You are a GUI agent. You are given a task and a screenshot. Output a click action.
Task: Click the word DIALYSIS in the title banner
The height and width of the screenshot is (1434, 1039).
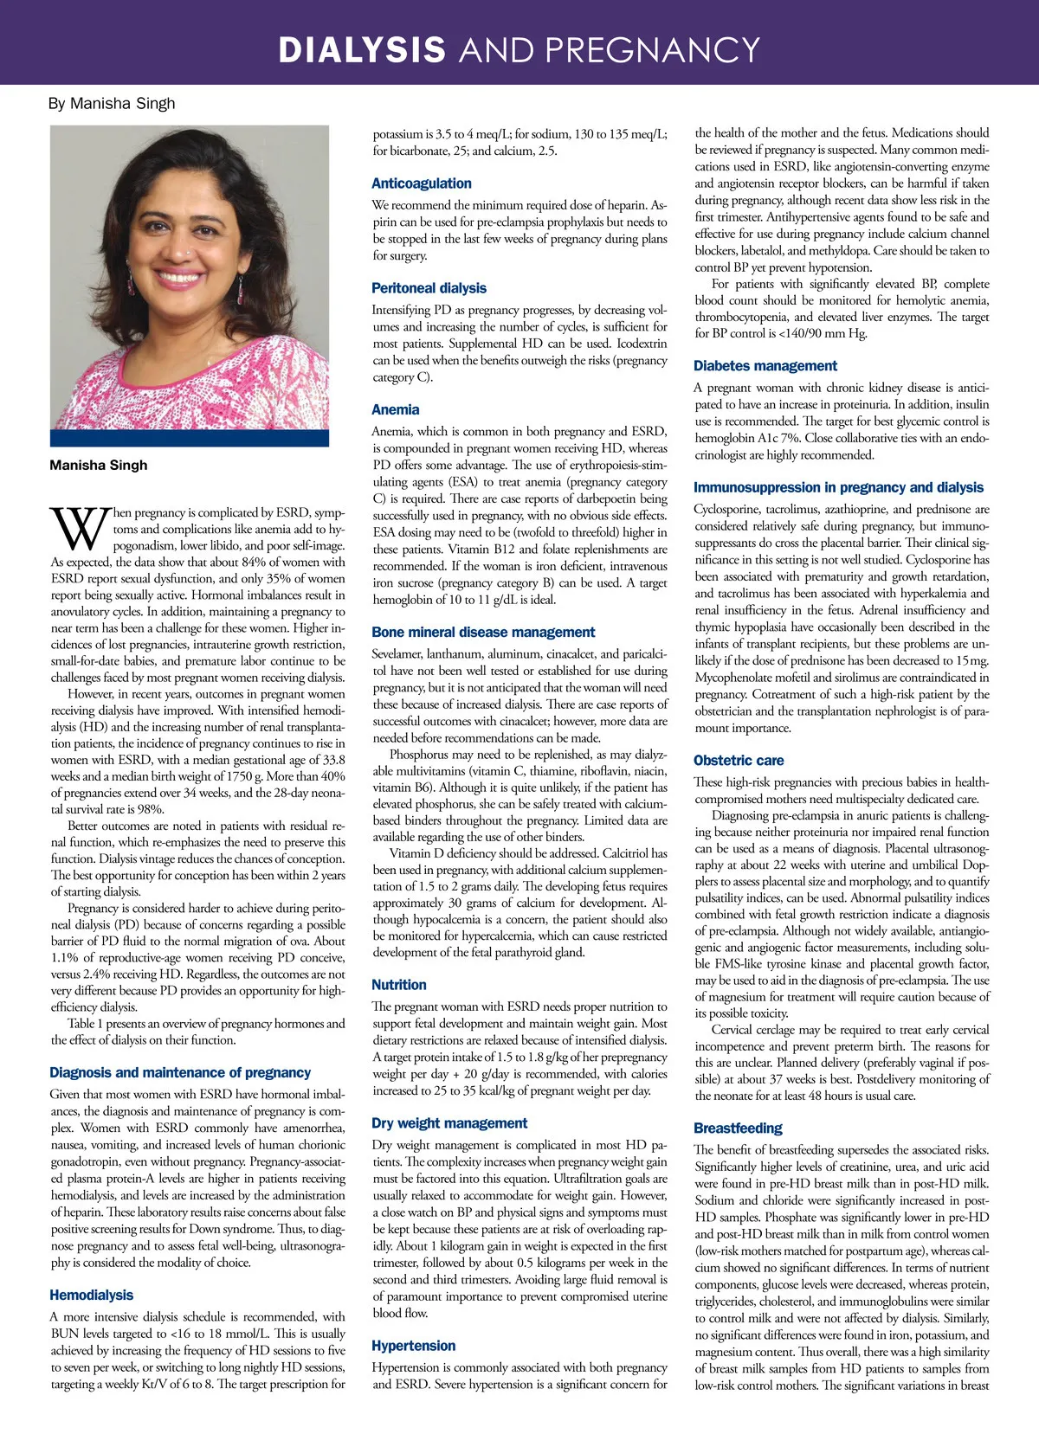[x=361, y=50]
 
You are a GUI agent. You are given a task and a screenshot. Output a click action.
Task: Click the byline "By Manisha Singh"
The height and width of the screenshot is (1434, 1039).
[x=112, y=104]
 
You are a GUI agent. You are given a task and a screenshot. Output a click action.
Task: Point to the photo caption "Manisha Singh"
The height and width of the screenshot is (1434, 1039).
[x=98, y=466]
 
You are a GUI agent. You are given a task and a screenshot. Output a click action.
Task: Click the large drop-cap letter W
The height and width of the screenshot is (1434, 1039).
[x=80, y=530]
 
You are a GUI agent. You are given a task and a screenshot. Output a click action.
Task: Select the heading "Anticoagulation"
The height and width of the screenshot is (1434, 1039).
[x=421, y=183]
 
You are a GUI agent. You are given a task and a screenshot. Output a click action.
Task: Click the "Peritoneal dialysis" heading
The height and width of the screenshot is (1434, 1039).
[x=429, y=288]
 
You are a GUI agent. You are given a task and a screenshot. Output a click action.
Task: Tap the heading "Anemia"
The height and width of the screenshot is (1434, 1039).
[x=395, y=410]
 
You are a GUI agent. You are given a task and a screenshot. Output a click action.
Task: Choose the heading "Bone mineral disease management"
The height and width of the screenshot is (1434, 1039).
[x=483, y=633]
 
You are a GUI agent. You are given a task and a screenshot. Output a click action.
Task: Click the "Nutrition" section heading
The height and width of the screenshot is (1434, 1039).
[x=398, y=985]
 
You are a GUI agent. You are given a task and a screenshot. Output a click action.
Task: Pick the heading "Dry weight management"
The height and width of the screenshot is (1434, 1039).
[x=449, y=1123]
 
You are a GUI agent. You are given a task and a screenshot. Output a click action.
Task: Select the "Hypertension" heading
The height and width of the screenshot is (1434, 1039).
[x=413, y=1346]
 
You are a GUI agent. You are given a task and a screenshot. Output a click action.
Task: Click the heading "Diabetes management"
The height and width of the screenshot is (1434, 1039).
[x=765, y=366]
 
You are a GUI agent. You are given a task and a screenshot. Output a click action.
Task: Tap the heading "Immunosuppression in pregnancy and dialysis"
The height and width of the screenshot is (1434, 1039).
[x=838, y=487]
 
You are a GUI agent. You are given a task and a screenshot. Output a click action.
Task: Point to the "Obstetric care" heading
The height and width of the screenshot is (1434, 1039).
[x=738, y=761]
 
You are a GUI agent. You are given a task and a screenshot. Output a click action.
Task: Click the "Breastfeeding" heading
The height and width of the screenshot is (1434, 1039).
[x=737, y=1129]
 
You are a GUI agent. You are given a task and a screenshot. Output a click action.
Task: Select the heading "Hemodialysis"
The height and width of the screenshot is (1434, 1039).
[x=91, y=1296]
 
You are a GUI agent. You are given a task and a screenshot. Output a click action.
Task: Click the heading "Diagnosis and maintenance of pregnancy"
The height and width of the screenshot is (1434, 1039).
[x=180, y=1073]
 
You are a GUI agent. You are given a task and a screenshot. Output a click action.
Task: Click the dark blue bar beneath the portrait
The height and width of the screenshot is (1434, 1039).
[x=189, y=438]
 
